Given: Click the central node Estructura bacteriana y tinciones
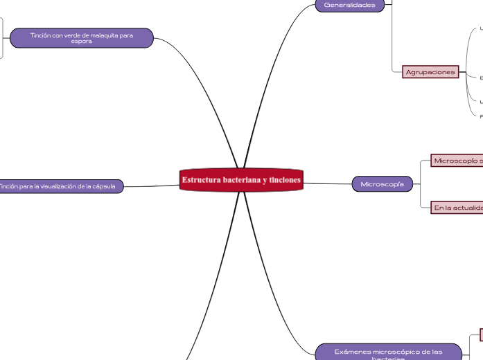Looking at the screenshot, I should (241, 180).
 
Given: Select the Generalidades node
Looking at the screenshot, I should (350, 5).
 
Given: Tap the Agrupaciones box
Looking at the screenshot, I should (430, 72).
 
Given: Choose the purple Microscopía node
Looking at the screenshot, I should (383, 184).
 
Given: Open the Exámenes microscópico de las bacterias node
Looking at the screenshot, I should (388, 352).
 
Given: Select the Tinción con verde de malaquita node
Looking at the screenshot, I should (81, 37).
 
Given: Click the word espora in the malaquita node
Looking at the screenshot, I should (81, 41).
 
